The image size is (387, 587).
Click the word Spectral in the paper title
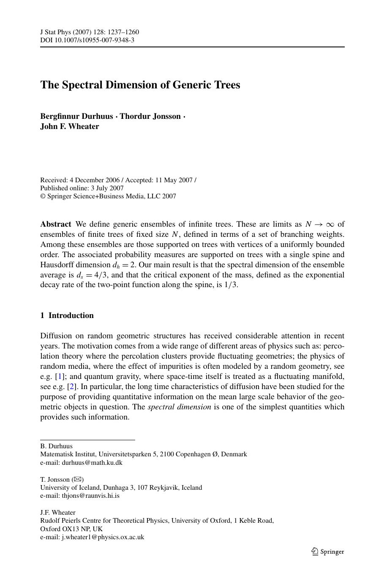point(82,85)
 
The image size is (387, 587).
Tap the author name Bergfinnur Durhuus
point(76,116)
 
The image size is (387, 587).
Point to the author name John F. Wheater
point(70,126)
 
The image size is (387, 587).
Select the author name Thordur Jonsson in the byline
point(150,116)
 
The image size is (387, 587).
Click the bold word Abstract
point(55,224)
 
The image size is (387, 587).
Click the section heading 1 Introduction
point(67,315)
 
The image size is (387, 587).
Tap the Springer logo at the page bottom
point(327,551)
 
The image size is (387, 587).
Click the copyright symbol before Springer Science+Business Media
point(43,196)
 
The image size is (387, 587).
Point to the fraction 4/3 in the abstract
point(101,275)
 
